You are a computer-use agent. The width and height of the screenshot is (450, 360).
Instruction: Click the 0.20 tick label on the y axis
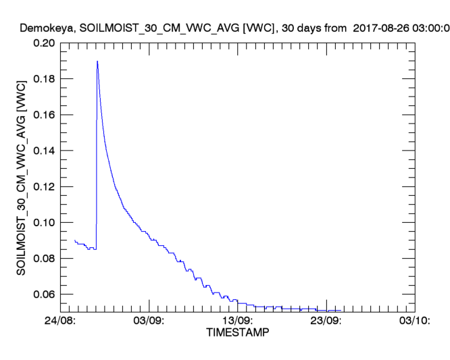44,43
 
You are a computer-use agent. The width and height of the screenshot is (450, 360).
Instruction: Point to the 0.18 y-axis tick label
44,79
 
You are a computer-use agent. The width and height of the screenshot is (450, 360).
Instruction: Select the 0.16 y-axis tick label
44,115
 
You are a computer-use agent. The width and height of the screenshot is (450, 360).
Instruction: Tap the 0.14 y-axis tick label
44,151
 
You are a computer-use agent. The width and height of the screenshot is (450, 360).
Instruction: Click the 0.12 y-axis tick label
44,186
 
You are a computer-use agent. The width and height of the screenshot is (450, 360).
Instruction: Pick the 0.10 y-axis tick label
44,222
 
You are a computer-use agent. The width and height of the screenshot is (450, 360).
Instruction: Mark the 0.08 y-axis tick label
44,258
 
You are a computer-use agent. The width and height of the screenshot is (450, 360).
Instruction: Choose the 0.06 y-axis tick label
44,294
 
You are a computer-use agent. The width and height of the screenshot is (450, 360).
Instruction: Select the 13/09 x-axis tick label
238,320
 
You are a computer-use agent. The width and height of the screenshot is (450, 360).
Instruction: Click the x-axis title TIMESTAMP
237,333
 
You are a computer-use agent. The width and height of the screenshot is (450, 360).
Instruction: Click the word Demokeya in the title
46,28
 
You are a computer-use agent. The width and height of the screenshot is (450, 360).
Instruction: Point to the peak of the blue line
97,61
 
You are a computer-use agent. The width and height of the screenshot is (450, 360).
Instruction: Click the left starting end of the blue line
74,240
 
